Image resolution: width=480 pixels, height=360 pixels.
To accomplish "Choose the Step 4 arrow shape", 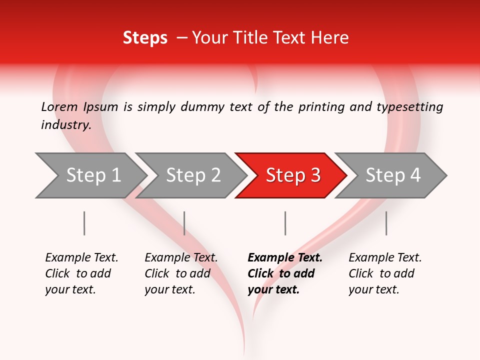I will [x=393, y=175].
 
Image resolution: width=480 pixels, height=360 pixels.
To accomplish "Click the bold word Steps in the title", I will [x=145, y=38].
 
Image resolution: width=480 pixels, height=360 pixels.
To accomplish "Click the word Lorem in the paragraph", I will [x=59, y=107].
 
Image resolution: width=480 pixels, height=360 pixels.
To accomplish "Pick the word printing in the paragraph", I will [x=321, y=107].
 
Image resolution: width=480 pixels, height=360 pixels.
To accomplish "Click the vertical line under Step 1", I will [x=84, y=223].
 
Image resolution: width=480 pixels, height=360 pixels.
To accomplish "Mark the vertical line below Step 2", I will [x=184, y=223].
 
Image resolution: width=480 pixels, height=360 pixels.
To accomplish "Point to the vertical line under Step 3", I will [x=285, y=223].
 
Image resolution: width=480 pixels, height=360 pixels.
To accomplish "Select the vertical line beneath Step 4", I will [x=386, y=223].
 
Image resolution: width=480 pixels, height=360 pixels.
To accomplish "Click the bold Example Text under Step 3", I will [x=285, y=258].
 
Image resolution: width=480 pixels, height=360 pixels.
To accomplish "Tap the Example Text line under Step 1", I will [x=81, y=258].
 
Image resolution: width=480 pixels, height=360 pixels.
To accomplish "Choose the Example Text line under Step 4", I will [x=385, y=258].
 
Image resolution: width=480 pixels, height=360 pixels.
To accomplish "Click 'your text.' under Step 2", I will [x=169, y=289].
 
